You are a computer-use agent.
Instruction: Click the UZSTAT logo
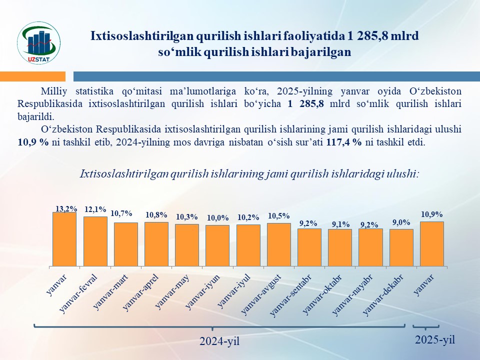click(39, 42)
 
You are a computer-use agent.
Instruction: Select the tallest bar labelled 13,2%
click(64, 239)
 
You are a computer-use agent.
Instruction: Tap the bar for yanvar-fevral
click(95, 241)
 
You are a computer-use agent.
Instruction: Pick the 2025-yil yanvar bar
click(432, 243)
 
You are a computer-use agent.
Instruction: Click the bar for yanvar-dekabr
click(401, 247)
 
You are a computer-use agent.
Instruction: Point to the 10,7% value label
click(121, 213)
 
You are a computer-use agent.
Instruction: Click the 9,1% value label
click(340, 224)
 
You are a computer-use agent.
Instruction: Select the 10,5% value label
click(279, 215)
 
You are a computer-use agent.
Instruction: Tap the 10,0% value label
click(217, 217)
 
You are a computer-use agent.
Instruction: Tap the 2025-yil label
click(435, 340)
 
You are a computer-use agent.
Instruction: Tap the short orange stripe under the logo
click(32, 76)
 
